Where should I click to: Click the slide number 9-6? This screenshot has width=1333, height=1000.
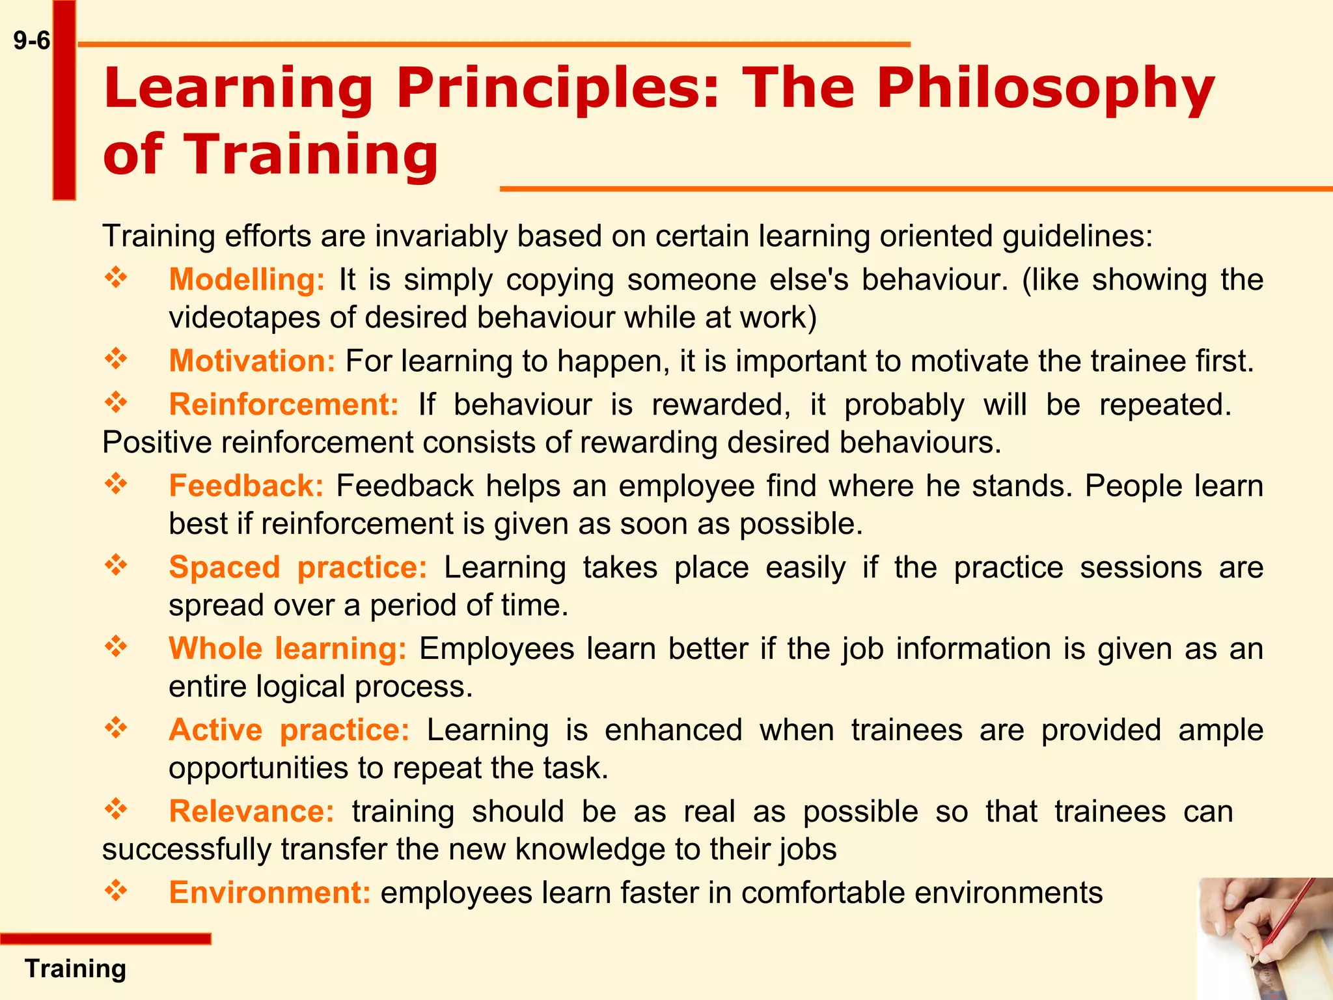31,41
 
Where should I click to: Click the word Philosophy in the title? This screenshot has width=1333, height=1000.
1045,89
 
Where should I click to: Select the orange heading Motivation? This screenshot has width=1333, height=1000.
252,361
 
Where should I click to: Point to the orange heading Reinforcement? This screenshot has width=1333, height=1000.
284,405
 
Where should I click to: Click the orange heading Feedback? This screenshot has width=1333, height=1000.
246,486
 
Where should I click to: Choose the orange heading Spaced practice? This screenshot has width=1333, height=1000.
297,568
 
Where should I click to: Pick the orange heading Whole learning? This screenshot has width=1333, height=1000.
287,649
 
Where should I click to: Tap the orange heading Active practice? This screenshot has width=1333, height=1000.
289,730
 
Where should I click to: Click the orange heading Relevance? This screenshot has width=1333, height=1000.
251,812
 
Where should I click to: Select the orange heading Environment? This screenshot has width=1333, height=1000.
269,893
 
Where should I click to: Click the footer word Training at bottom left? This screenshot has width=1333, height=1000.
76,969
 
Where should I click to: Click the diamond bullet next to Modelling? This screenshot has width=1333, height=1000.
116,278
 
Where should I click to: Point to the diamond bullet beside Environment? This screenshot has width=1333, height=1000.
116,891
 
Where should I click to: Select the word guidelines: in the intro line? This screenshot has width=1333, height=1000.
1077,236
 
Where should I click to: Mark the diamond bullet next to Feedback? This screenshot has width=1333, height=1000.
116,484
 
